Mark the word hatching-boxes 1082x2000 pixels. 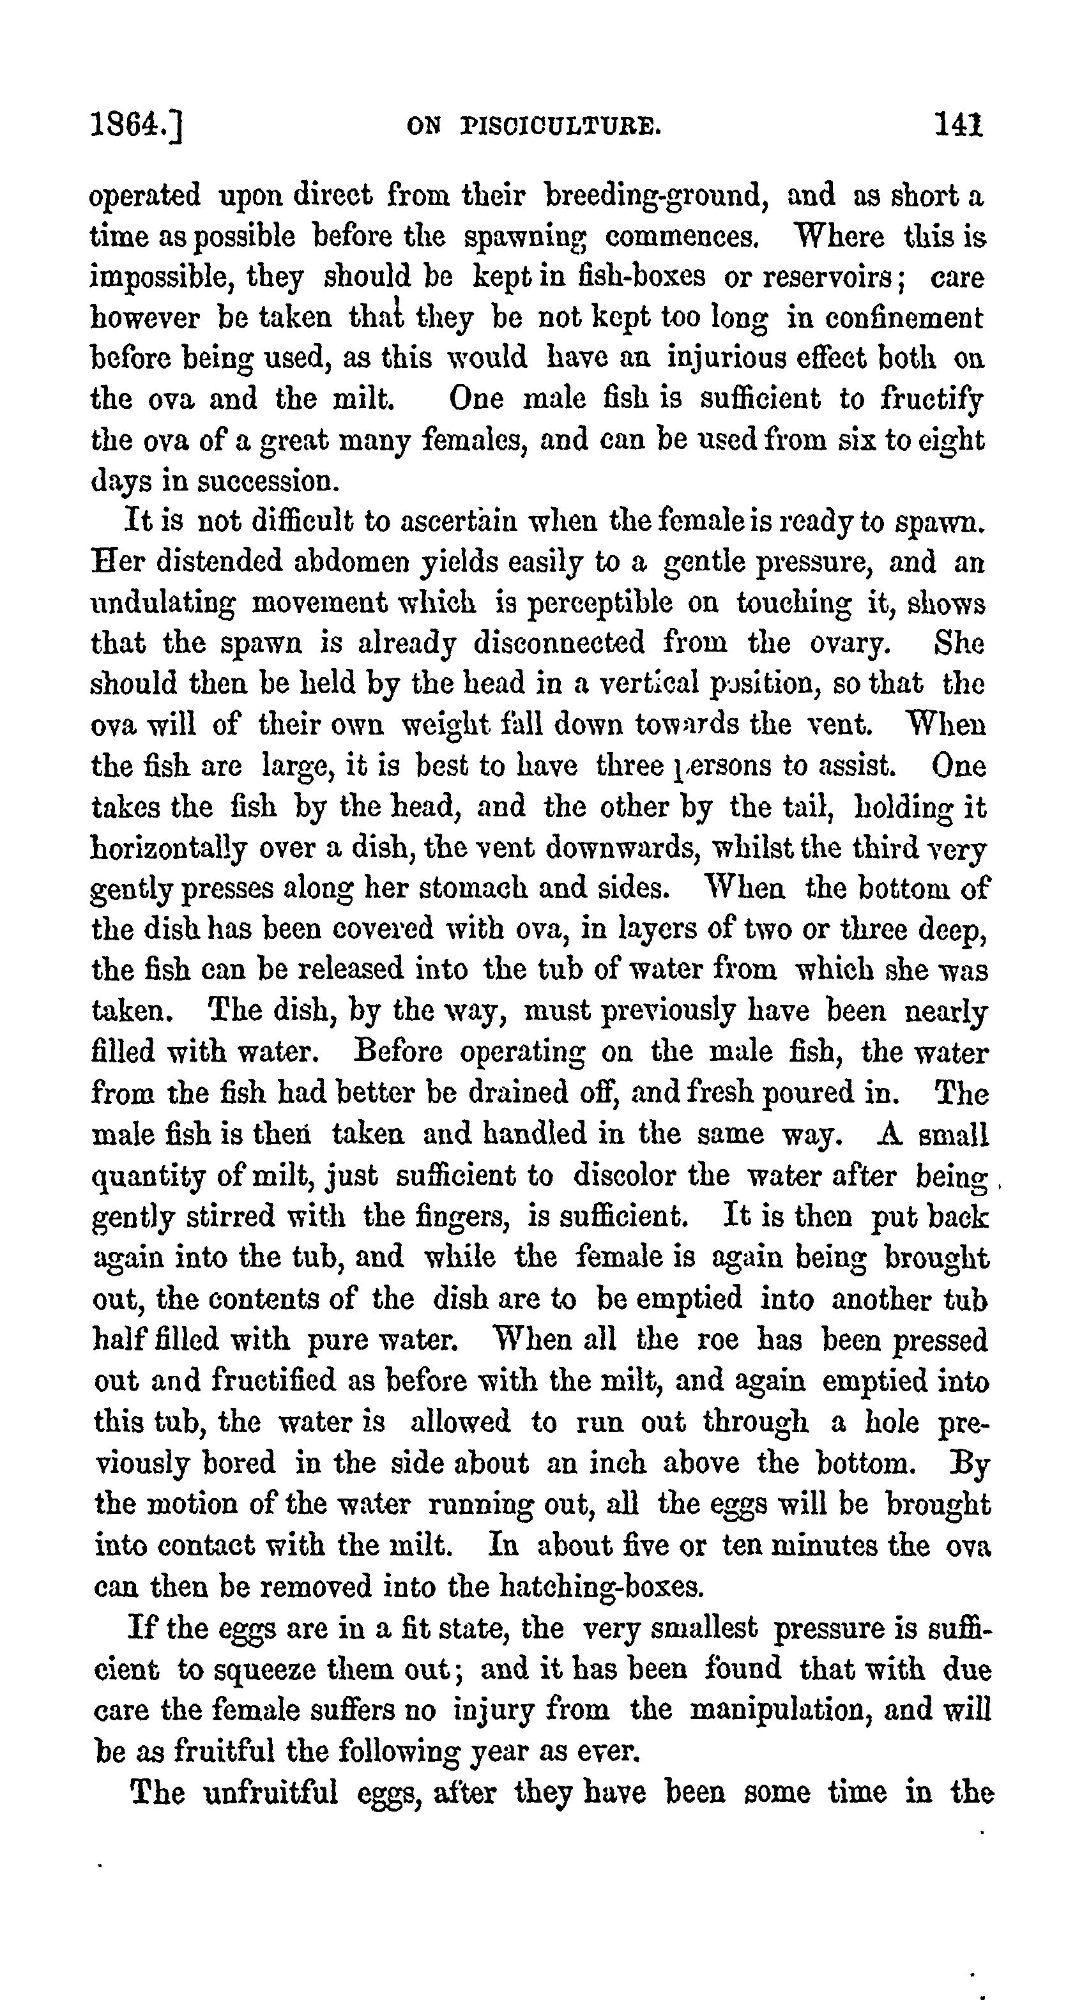coord(599,1585)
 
